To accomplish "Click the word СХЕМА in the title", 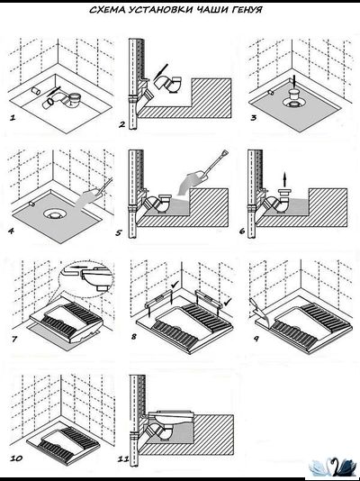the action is coord(107,10).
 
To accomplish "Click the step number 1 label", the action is coord(13,117).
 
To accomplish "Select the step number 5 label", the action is coord(119,232).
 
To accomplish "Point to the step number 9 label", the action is coord(256,339).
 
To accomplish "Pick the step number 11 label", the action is coord(123,458).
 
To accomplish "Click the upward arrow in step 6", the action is coord(284,179).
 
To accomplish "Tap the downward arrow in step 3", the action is coord(294,81).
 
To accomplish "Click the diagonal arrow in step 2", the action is coord(161,71).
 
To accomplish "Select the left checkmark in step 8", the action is coord(175,285).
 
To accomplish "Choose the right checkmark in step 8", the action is coord(228,302).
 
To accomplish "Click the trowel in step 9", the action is coord(256,308).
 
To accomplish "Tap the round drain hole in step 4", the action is coord(56,213).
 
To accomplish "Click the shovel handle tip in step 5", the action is coord(225,152).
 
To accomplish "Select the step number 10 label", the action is coord(16,458).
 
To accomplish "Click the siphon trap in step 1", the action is coord(64,101).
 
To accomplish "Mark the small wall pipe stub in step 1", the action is coord(36,90).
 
